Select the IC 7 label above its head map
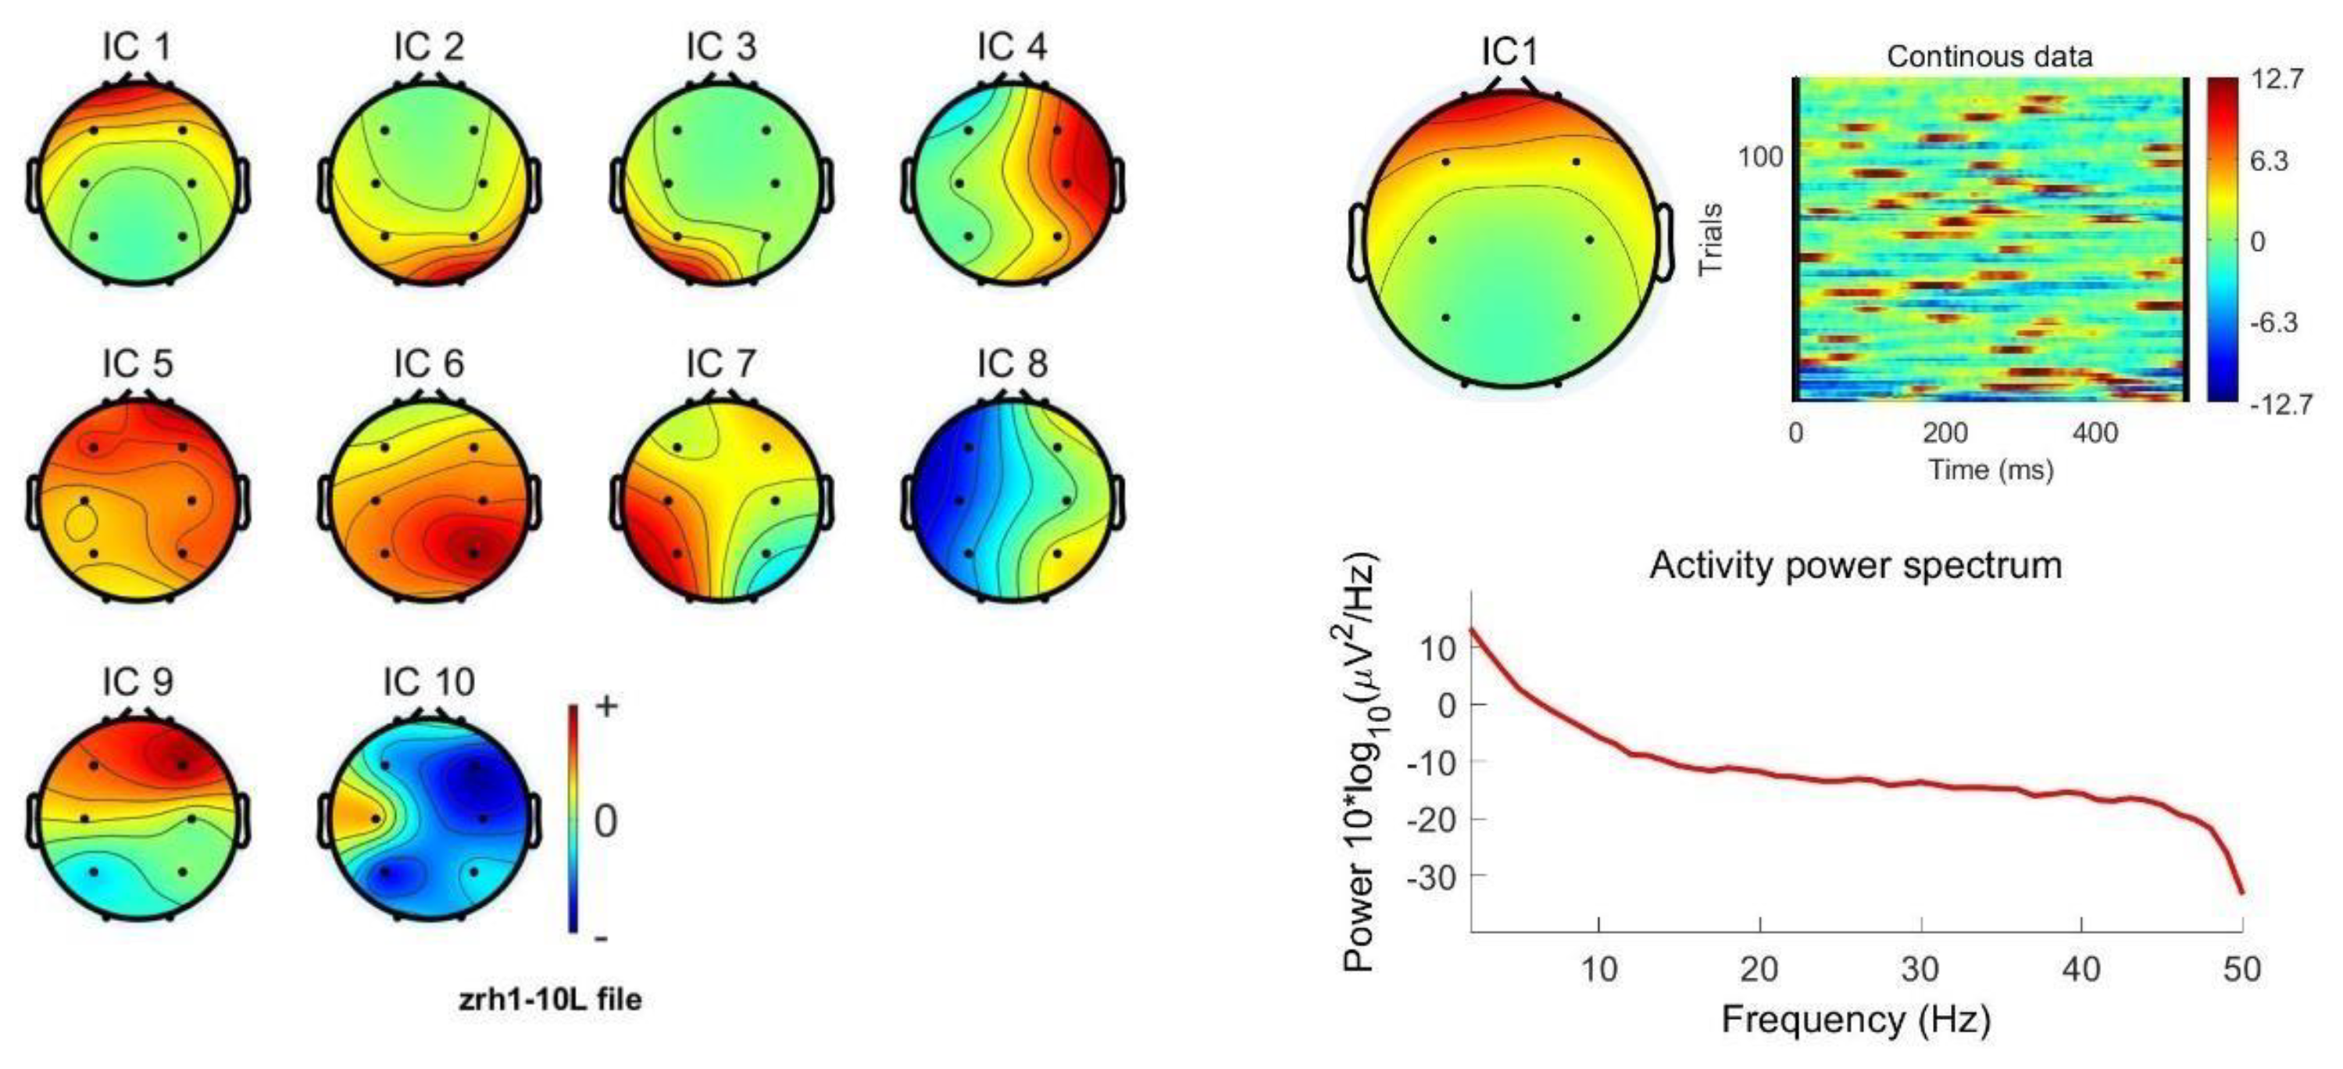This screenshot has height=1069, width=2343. click(x=720, y=364)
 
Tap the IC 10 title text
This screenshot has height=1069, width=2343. click(x=428, y=681)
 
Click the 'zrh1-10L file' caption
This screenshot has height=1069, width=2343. click(x=549, y=999)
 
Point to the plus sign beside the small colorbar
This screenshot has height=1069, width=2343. click(x=605, y=706)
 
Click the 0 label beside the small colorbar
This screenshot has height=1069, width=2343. click(x=605, y=821)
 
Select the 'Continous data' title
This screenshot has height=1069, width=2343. click(x=1989, y=56)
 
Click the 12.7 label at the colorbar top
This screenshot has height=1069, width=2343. click(x=2277, y=79)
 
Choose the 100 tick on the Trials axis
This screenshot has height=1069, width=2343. click(x=1760, y=157)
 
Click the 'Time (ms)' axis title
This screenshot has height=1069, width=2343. click(x=1991, y=470)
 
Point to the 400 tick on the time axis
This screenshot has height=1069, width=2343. click(x=2095, y=432)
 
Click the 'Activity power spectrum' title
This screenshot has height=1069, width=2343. click(x=1855, y=565)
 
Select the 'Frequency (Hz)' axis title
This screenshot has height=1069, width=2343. click(x=1855, y=1019)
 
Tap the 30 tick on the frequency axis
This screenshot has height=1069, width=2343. click(x=1920, y=970)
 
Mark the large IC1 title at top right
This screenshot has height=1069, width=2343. click(x=1510, y=52)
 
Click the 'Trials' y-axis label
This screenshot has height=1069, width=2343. click(x=1711, y=239)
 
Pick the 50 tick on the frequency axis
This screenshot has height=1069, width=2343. click(x=2241, y=970)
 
